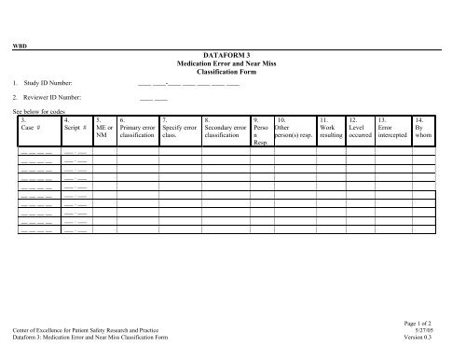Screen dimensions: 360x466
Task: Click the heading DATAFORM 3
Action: coord(233,56)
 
